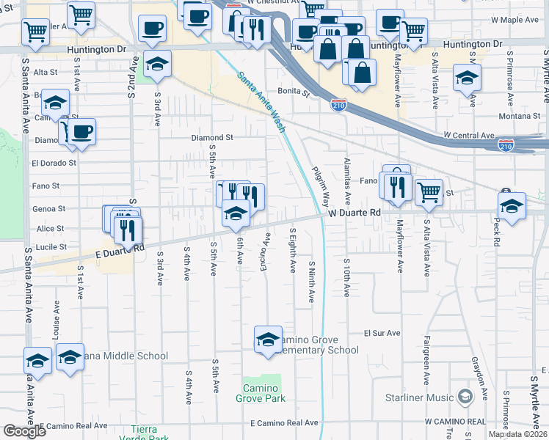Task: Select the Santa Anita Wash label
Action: point(262,98)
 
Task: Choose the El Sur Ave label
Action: point(382,333)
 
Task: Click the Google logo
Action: point(24,431)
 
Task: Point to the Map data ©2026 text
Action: point(517,434)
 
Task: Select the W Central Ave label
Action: point(470,136)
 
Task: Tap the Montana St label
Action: point(519,116)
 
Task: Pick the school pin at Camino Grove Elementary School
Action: point(268,339)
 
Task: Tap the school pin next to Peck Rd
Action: point(512,205)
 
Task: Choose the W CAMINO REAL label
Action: point(455,422)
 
